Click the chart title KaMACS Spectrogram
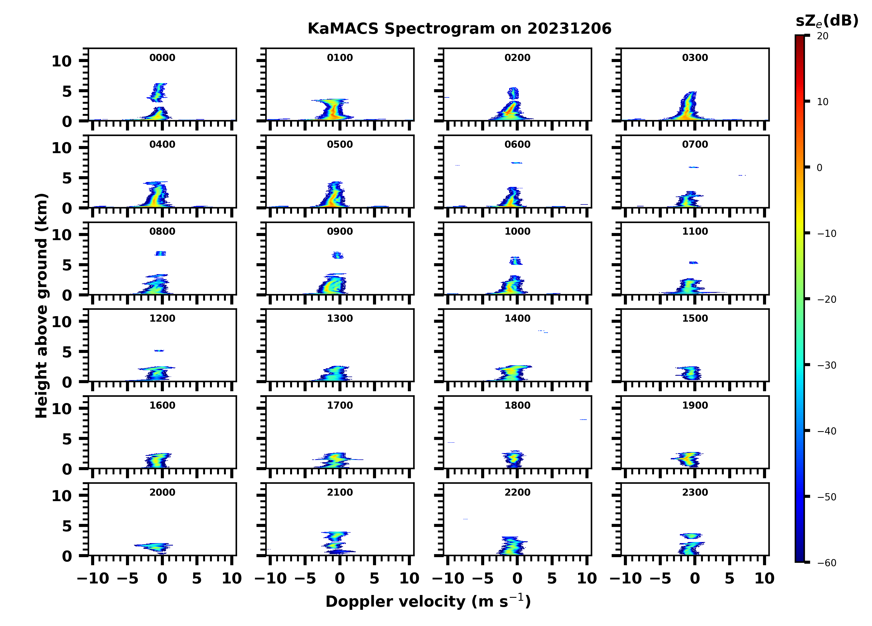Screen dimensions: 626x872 point(459,29)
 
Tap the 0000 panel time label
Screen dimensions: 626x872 point(162,58)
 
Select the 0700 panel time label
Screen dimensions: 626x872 point(695,145)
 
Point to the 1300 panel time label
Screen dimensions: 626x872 point(340,318)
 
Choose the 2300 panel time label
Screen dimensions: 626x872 point(695,492)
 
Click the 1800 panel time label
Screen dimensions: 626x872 point(517,405)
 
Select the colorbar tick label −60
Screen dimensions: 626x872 point(827,563)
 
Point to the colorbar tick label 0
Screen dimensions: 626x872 point(819,168)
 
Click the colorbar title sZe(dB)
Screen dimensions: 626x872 point(827,21)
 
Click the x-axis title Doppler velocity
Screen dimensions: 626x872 point(428,601)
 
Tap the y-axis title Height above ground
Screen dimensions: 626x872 point(41,306)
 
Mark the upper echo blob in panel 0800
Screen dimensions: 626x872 point(160,253)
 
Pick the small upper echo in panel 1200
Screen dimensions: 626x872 point(159,350)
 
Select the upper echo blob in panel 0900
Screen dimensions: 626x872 point(338,255)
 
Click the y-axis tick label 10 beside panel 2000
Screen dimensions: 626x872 point(61,496)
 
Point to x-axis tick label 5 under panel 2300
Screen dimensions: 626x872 point(729,578)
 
